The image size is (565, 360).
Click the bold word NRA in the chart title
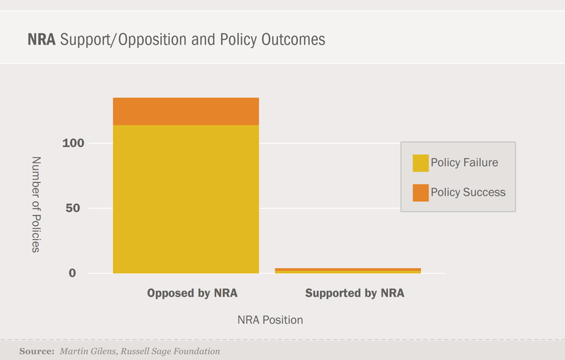pyautogui.click(x=42, y=39)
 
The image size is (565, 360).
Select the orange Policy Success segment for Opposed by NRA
pyautogui.click(x=186, y=112)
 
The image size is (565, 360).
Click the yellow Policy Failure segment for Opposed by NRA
pyautogui.click(x=186, y=199)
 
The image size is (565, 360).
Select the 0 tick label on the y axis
pyautogui.click(x=92, y=273)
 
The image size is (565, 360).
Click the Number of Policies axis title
pyautogui.click(x=37, y=205)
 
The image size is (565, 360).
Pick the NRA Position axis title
pyautogui.click(x=270, y=320)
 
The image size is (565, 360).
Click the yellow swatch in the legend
pyautogui.click(x=421, y=163)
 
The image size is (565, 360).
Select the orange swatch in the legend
pyautogui.click(x=421, y=192)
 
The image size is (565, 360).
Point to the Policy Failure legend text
pyautogui.click(x=464, y=163)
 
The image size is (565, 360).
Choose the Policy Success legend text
pyautogui.click(x=468, y=192)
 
